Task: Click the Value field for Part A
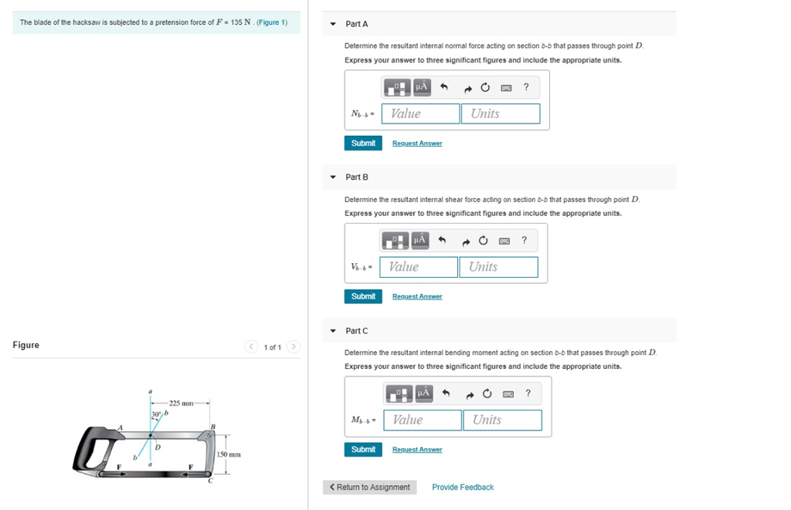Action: [x=421, y=113]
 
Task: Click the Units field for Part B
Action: [x=498, y=267]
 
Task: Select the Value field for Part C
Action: [x=423, y=420]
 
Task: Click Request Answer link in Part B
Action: [x=417, y=296]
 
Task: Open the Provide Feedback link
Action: [x=463, y=488]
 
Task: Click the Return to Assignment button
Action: [x=370, y=488]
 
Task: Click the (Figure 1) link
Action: [x=272, y=22]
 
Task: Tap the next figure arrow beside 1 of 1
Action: [x=293, y=346]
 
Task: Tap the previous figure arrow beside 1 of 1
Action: [x=251, y=346]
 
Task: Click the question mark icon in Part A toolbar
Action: [x=526, y=87]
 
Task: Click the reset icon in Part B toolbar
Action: [x=484, y=241]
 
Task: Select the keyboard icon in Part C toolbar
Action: [x=508, y=394]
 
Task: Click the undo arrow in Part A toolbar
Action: [x=444, y=87]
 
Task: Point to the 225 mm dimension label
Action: [x=181, y=404]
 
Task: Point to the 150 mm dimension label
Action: [x=229, y=454]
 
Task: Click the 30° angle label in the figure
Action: [x=156, y=414]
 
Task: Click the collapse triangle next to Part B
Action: [x=333, y=177]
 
